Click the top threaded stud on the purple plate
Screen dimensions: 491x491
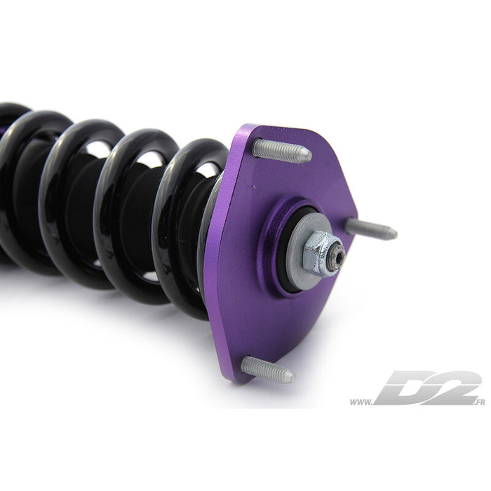(x=282, y=151)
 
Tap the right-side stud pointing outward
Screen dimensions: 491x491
(x=371, y=229)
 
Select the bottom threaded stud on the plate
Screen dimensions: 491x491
(x=269, y=370)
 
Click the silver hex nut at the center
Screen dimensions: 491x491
(x=318, y=253)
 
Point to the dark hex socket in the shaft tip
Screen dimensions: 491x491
(x=339, y=252)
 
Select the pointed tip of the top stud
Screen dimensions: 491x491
(x=310, y=154)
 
